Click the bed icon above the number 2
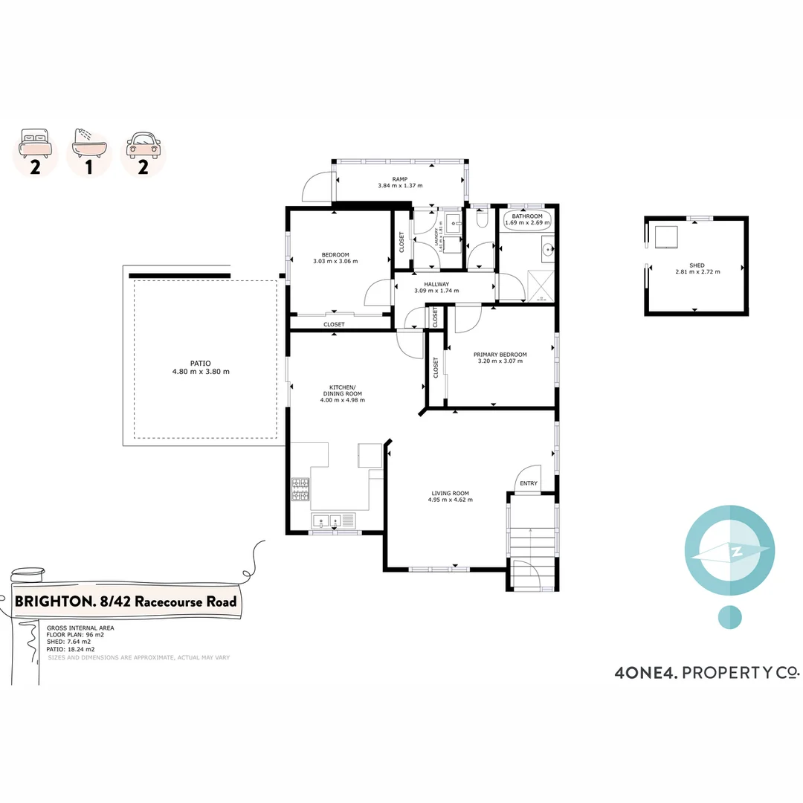[35, 142]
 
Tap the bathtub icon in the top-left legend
[88, 142]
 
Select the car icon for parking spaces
[143, 142]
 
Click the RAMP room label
[399, 179]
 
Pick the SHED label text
[696, 265]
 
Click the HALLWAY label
[436, 284]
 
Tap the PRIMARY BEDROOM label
[500, 355]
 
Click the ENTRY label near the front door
[529, 484]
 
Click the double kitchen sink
[326, 520]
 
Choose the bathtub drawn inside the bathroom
[527, 219]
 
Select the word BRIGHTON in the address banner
[50, 602]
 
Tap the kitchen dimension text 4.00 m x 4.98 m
[342, 400]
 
